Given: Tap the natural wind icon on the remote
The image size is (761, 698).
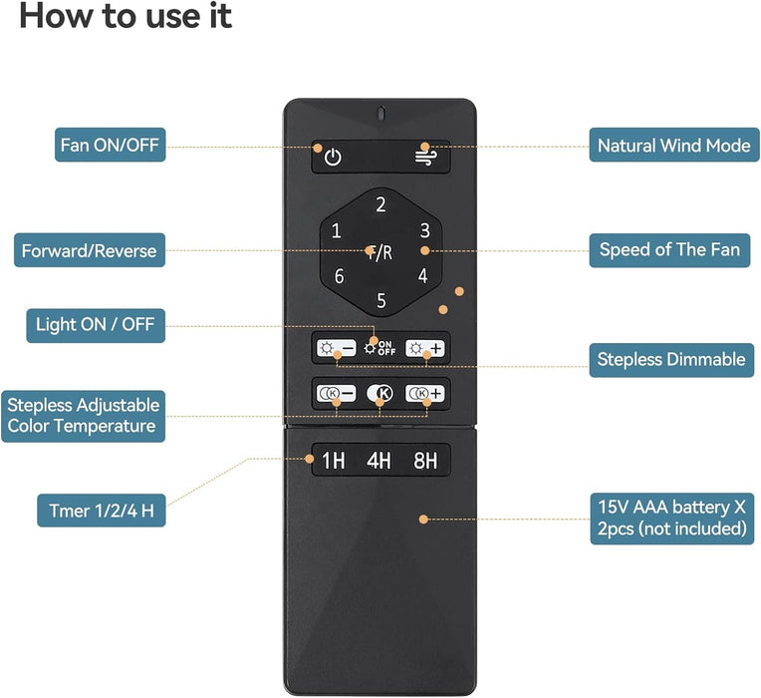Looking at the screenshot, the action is coord(425,157).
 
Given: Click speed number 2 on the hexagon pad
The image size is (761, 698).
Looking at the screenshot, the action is coord(380,204).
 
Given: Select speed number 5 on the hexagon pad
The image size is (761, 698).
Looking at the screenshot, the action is coord(381,301).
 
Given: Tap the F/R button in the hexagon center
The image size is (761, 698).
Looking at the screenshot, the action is coord(380,252).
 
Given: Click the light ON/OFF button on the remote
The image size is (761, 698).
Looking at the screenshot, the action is coord(380,348).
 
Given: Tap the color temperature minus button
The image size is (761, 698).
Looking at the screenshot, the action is coord(336,393).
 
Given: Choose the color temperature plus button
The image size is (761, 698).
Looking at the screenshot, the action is coord(424,393).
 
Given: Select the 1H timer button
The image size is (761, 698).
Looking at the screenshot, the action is coord(334,461).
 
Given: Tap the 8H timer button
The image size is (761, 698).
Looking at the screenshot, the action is coord(425,461).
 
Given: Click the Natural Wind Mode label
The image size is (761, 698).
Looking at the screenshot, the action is coord(674,146).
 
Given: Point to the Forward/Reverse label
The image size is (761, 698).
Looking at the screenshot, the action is coord(90,250).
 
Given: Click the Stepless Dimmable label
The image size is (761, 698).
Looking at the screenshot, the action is coord(671,360).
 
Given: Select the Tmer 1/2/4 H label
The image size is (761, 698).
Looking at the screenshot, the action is coord(102,511).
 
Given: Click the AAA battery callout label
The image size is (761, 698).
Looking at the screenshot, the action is coord(672,519).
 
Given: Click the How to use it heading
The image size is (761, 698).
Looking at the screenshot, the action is coord(126,16).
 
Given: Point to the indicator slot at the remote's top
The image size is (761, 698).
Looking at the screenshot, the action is coord(380,114).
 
